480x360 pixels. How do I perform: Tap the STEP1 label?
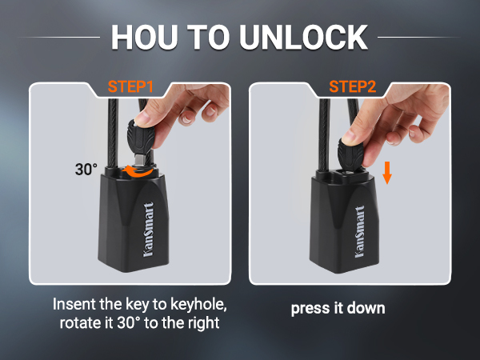[131, 84]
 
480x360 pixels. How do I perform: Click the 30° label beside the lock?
[86, 169]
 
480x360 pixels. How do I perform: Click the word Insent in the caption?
[74, 305]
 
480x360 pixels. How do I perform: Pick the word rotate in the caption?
[81, 323]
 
